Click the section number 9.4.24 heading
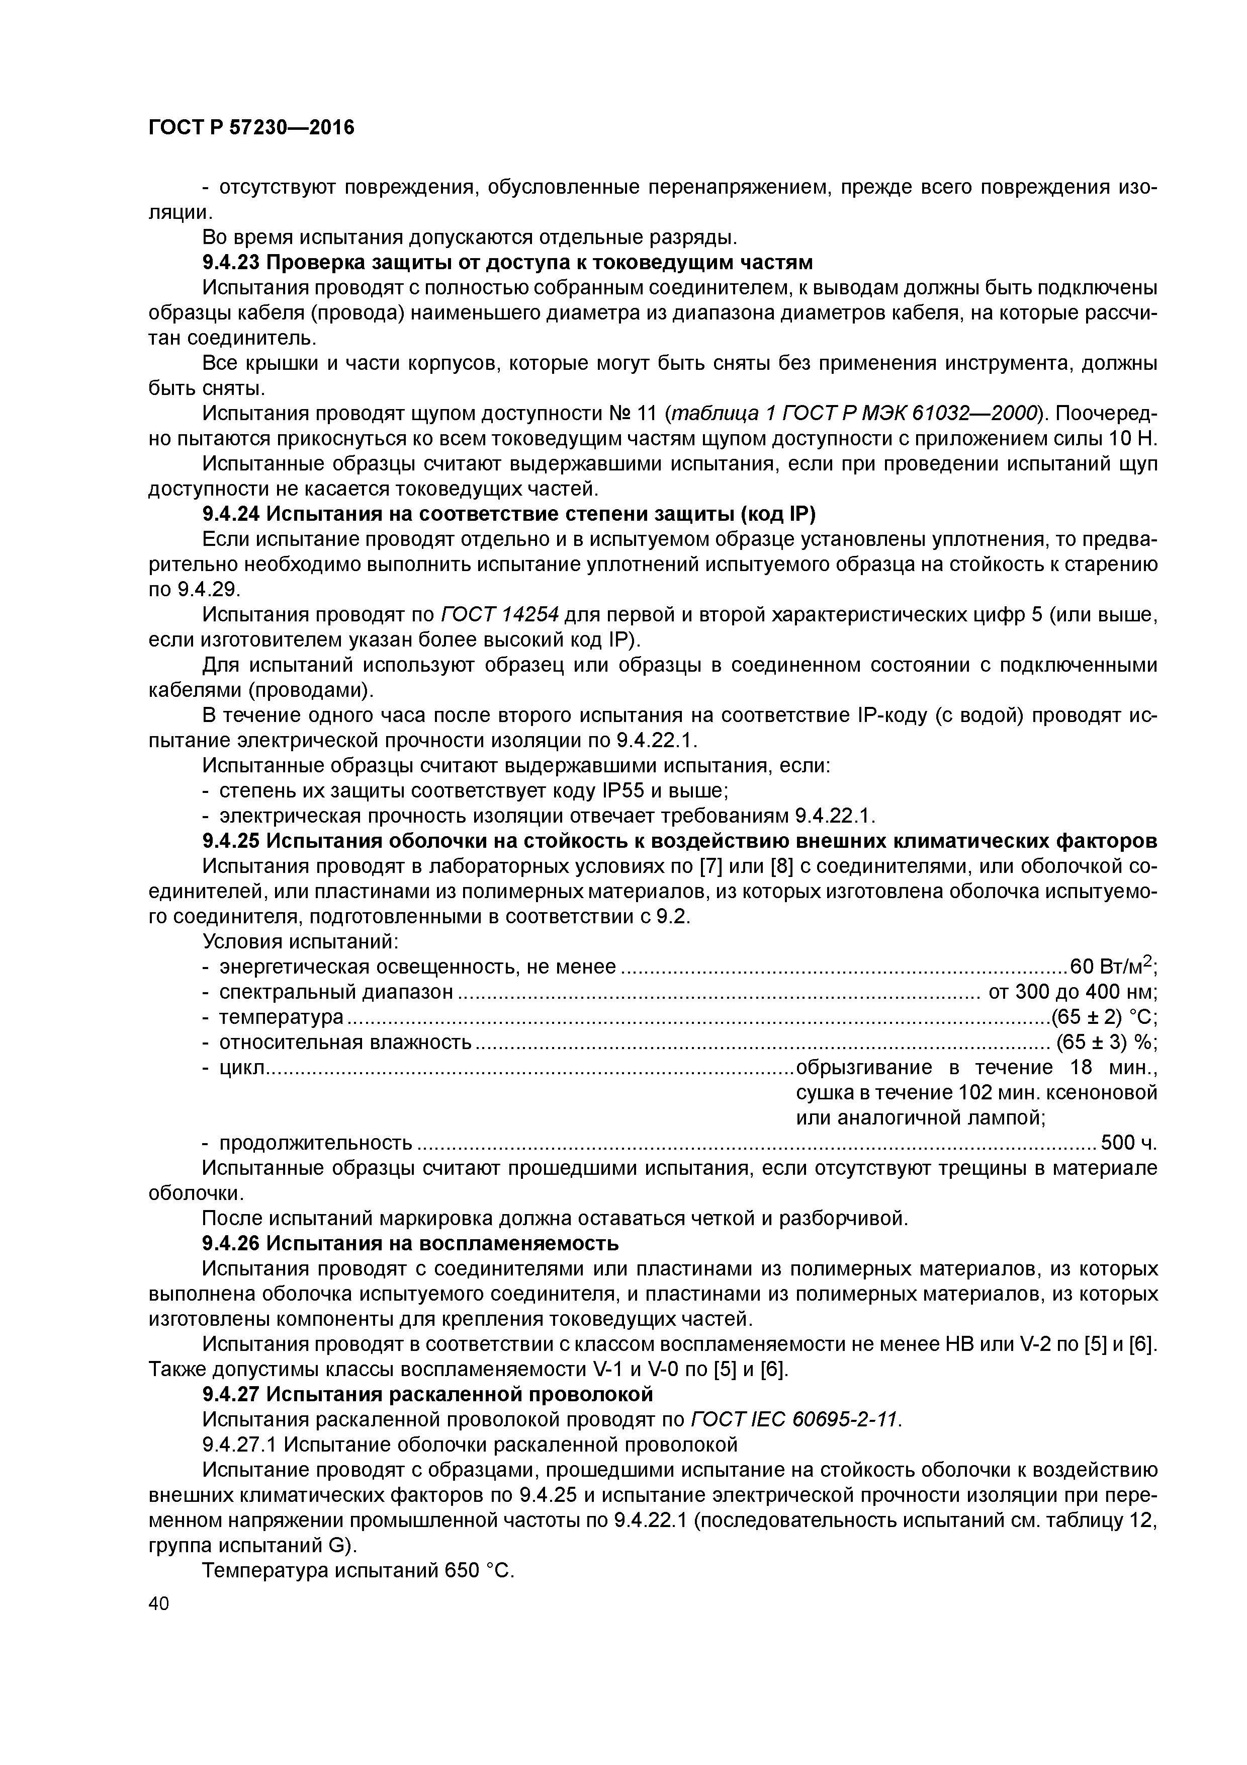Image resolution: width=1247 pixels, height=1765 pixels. pos(231,514)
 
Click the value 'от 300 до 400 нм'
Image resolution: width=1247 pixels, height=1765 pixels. pos(1073,992)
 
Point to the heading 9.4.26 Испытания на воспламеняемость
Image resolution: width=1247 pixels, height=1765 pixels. pos(410,1243)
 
